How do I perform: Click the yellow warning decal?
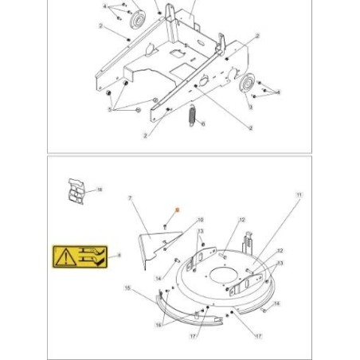[x=81, y=256]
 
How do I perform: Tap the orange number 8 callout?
[x=178, y=209]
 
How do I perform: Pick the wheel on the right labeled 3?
[x=247, y=84]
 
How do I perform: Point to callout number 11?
[x=299, y=195]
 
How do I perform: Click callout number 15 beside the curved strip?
[x=127, y=287]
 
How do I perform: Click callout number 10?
[x=200, y=219]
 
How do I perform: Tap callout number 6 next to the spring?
[x=204, y=123]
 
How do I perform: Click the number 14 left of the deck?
[x=158, y=278]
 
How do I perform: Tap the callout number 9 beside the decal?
[x=119, y=256]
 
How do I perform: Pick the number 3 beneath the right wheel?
[x=249, y=106]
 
